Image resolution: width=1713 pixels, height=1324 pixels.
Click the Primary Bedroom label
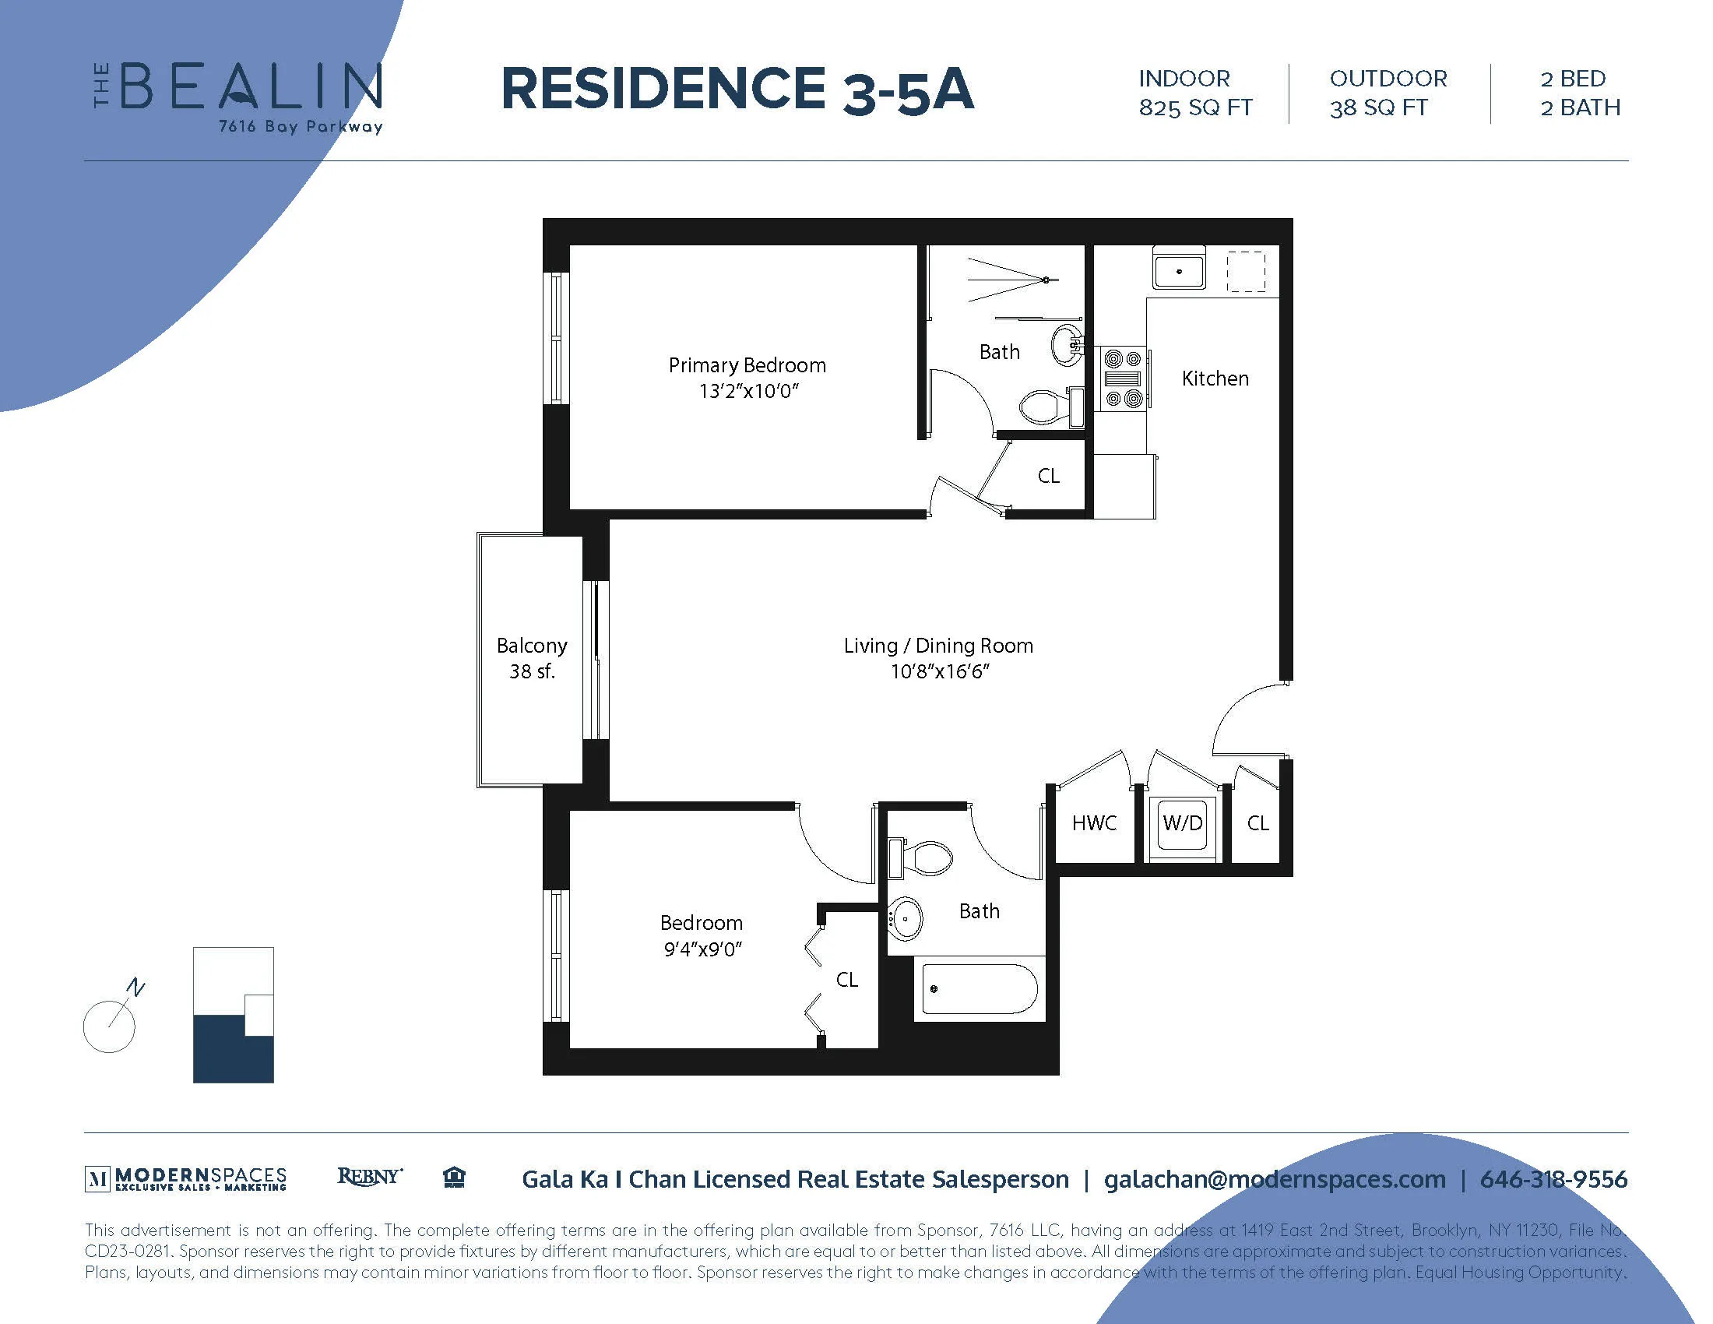(x=747, y=377)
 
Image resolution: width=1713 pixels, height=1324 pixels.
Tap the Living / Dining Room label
(x=938, y=657)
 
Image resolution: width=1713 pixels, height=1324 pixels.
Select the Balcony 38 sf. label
(x=532, y=657)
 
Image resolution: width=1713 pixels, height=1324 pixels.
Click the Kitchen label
(x=1215, y=379)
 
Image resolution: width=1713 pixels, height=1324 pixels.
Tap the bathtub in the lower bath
(x=979, y=989)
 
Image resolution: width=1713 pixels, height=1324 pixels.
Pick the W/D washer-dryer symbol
(x=1182, y=823)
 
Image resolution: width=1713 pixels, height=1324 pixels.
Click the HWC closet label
(x=1094, y=823)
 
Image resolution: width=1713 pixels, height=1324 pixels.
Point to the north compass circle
(x=109, y=1026)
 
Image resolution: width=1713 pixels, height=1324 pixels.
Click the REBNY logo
(x=369, y=1177)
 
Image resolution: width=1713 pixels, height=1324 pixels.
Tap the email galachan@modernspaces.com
(x=1275, y=1179)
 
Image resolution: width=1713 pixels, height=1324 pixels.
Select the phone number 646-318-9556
(x=1553, y=1179)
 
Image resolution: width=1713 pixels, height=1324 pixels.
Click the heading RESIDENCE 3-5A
(x=737, y=90)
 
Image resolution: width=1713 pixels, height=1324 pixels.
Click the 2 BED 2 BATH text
(x=1580, y=93)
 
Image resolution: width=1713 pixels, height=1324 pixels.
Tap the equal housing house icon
(x=454, y=1178)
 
